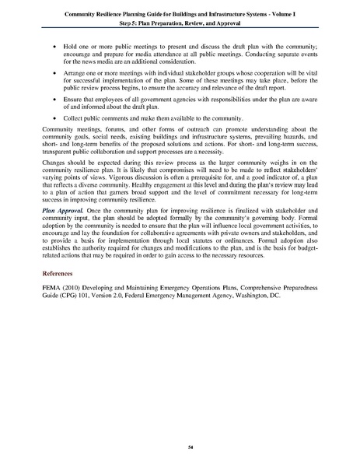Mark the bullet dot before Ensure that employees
pos(53,110)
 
